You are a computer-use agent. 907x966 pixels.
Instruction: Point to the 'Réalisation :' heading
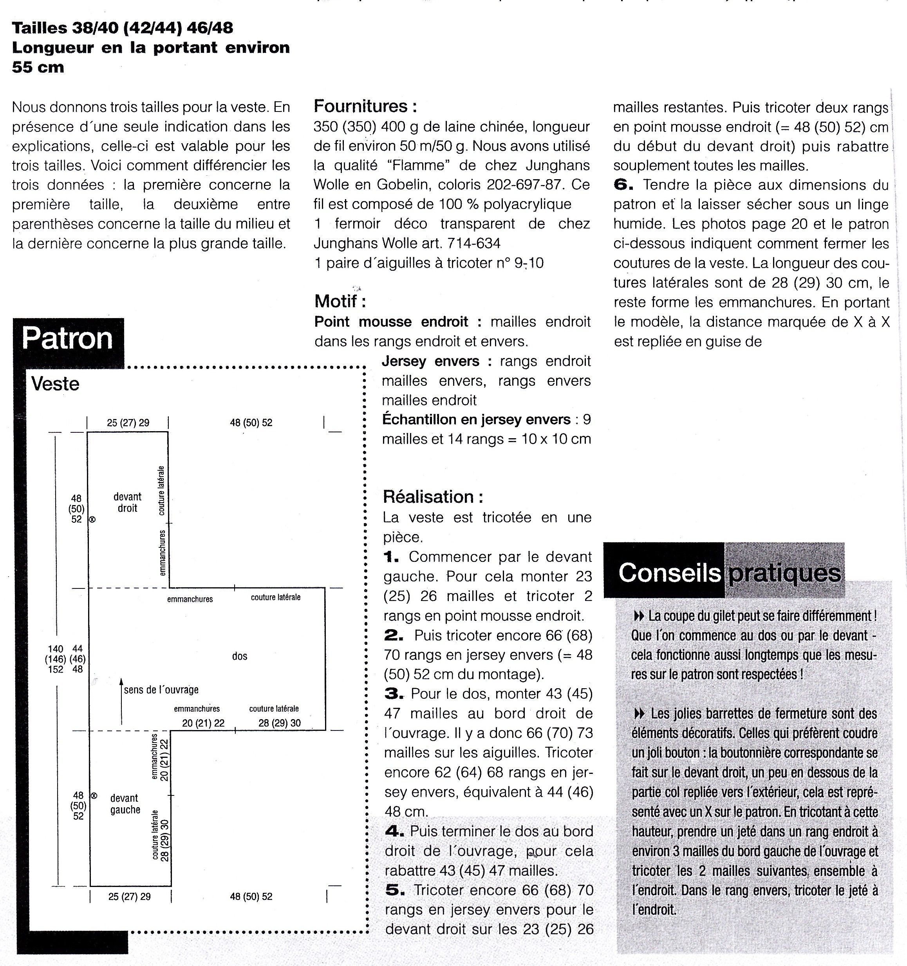point(433,496)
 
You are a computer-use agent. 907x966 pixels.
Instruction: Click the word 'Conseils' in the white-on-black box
point(669,572)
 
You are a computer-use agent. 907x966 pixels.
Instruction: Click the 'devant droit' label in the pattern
point(127,502)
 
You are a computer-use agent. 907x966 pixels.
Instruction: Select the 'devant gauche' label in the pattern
point(125,804)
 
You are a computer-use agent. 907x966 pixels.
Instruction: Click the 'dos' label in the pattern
point(240,656)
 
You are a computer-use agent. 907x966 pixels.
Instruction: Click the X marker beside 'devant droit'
point(92,520)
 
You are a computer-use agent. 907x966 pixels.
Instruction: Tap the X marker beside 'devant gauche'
point(94,796)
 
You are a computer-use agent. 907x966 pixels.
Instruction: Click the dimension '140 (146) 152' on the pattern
point(56,659)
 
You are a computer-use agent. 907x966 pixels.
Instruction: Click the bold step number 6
point(623,185)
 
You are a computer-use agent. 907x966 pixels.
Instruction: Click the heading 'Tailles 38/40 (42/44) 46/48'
point(123,28)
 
